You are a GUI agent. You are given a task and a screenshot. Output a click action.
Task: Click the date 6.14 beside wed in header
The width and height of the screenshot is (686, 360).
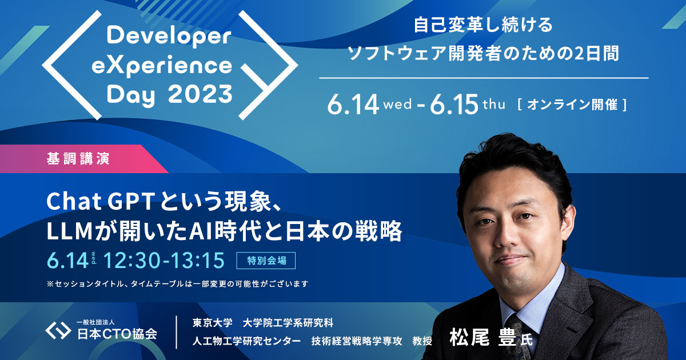(353, 105)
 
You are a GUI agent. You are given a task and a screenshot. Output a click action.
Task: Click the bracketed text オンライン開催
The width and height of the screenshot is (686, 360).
(572, 105)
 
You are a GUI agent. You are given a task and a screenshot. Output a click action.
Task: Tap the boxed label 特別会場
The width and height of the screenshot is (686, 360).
(266, 261)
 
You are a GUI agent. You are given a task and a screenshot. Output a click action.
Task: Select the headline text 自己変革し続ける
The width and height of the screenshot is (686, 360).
(483, 26)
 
